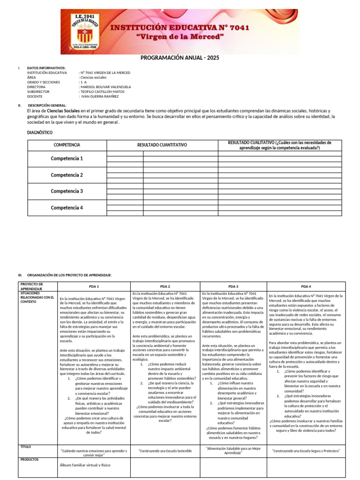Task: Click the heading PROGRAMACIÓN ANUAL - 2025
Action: (180, 58)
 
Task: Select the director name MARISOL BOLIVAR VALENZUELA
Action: (105, 87)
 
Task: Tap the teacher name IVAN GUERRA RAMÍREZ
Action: (100, 96)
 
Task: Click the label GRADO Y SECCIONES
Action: (44, 82)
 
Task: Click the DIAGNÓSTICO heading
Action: (40, 133)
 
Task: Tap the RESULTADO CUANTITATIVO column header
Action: (162, 145)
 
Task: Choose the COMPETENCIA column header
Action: (67, 145)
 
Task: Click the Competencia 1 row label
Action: (67, 158)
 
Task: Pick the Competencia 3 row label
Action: (67, 191)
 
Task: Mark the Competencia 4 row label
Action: (67, 208)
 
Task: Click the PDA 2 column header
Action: (165, 286)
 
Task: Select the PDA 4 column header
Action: (306, 286)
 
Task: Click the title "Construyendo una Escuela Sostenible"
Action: (165, 450)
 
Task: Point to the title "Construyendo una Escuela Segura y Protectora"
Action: (306, 450)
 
